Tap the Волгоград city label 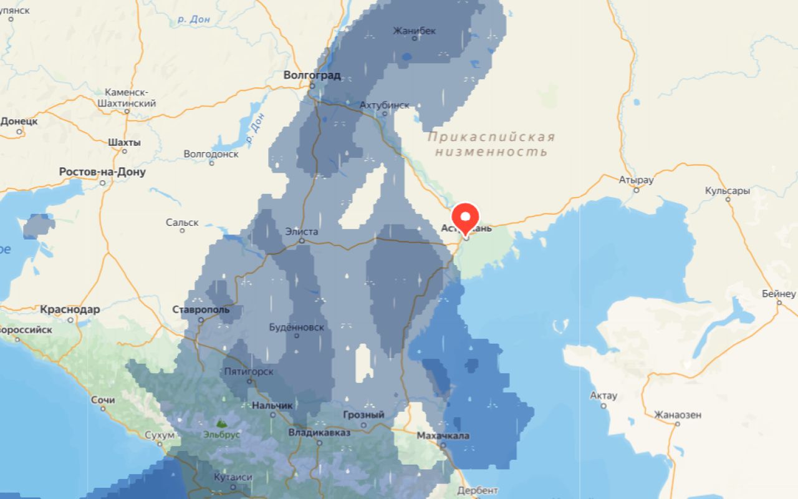tap(312, 75)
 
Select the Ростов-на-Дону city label tap(102, 172)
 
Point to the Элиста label tap(301, 231)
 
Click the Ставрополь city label tap(201, 309)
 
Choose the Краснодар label tap(70, 309)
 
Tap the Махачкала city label tap(443, 435)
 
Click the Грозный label tap(363, 415)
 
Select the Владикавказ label tap(319, 432)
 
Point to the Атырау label tap(636, 180)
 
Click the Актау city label tap(603, 395)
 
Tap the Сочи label tap(102, 399)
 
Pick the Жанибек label tap(415, 31)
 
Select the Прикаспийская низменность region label tap(491, 144)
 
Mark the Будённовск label tap(296, 327)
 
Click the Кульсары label tap(727, 191)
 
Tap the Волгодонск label tap(211, 153)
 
